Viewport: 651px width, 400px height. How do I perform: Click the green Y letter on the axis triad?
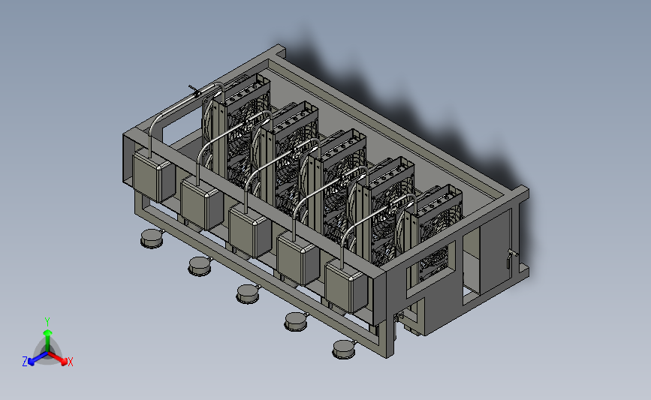coord(47,322)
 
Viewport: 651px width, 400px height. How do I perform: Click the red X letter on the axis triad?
coord(70,362)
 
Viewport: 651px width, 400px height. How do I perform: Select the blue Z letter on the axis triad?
coord(25,362)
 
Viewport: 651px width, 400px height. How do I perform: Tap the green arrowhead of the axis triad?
coord(48,332)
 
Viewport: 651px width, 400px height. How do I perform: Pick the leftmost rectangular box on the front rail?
coord(154,176)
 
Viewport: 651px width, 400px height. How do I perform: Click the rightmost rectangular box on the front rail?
coord(346,287)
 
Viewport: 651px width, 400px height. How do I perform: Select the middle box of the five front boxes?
coord(250,231)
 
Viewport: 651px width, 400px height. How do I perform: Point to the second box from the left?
coord(202,203)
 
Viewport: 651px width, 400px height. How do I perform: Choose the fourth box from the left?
coord(298,258)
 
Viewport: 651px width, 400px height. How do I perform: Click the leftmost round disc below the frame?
coord(152,239)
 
